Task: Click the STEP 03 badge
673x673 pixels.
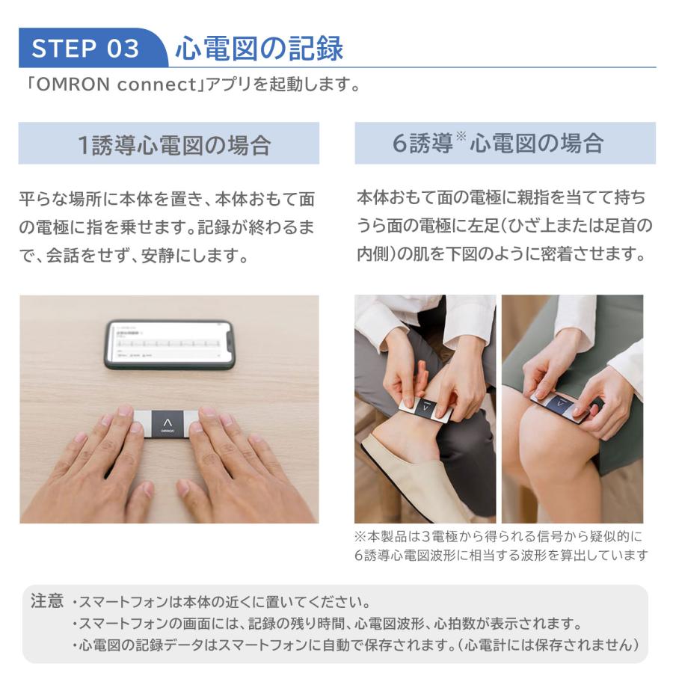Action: [86, 49]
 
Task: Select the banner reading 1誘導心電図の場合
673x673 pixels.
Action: [169, 144]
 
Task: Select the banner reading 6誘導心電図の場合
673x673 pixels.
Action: [505, 144]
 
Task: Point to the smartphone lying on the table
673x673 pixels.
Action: [170, 344]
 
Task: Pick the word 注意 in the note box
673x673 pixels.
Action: [46, 602]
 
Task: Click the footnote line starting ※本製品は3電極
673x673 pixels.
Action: [500, 537]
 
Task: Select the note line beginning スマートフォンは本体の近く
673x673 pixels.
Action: [224, 602]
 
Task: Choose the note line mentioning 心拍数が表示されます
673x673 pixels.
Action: [329, 623]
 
